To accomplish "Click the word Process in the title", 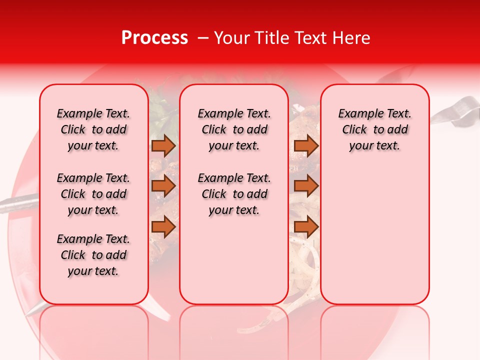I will [x=154, y=38].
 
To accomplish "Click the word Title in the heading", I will [x=270, y=38].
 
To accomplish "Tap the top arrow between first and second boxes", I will [x=163, y=146].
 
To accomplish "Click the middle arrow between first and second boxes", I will [x=163, y=186].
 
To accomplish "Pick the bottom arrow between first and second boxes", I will [x=163, y=227].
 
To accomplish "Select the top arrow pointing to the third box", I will [x=306, y=146].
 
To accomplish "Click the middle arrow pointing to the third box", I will [x=306, y=186].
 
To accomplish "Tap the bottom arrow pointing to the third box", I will [x=306, y=227].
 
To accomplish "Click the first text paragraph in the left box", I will [x=93, y=129].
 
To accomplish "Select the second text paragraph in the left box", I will [x=93, y=194].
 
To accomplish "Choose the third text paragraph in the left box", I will [x=93, y=255].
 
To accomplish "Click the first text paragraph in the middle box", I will [x=234, y=129].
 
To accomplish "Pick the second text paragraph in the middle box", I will [x=234, y=194].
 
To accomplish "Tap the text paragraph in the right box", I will [x=374, y=129].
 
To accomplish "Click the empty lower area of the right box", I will [x=374, y=235].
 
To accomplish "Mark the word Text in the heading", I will [x=310, y=38].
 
